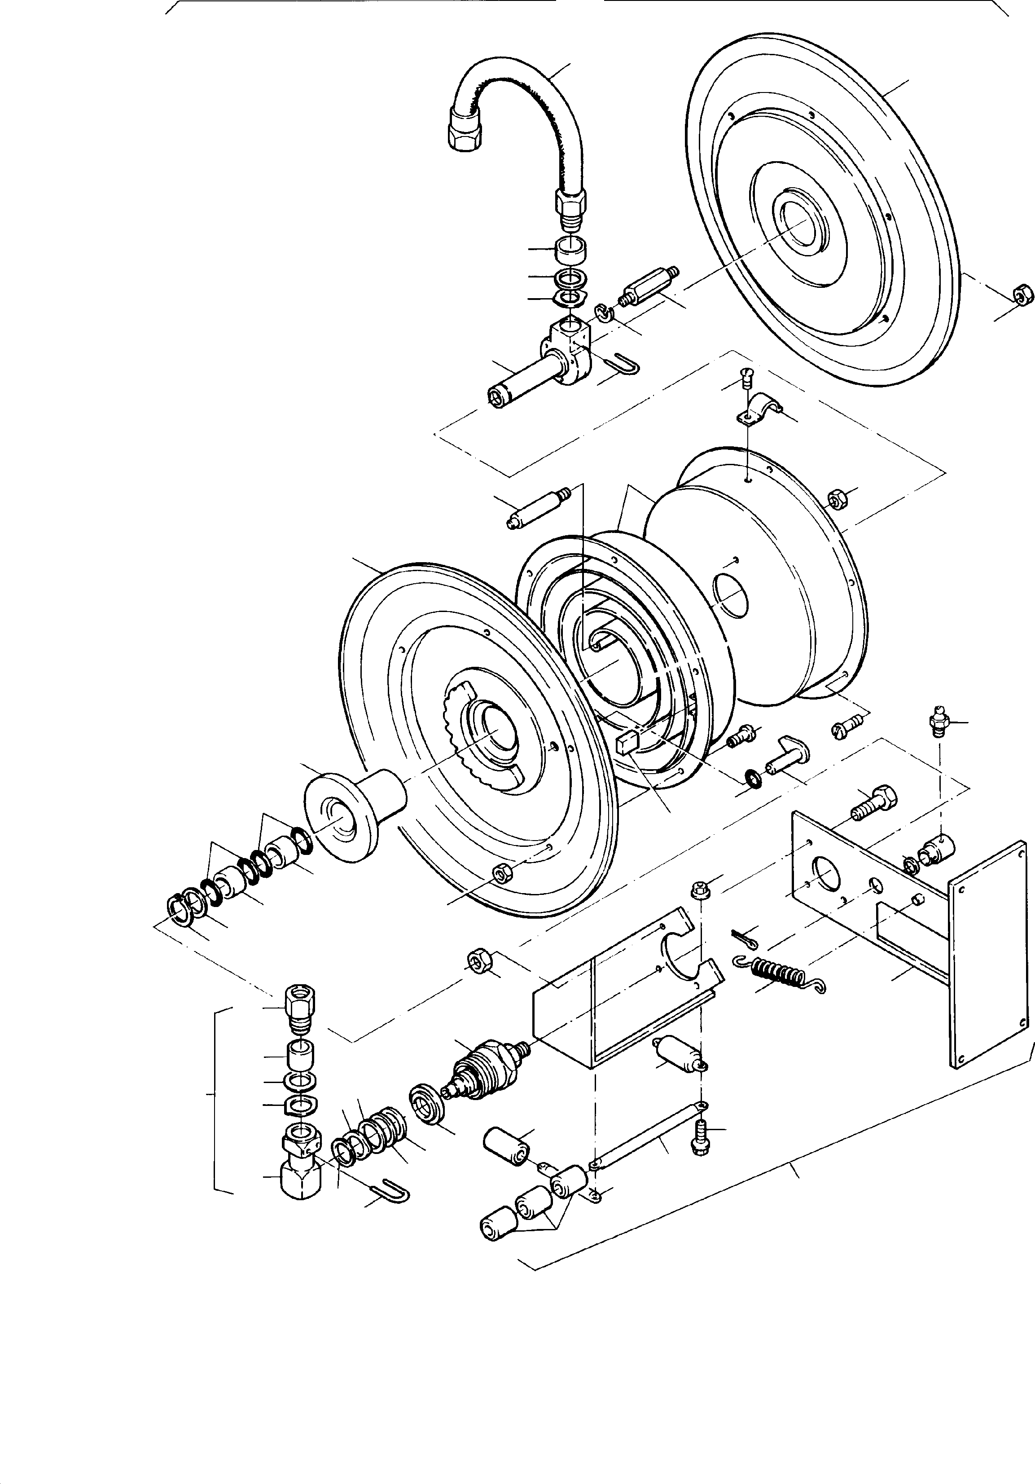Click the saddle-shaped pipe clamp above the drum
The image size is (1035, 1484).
[x=760, y=407]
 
